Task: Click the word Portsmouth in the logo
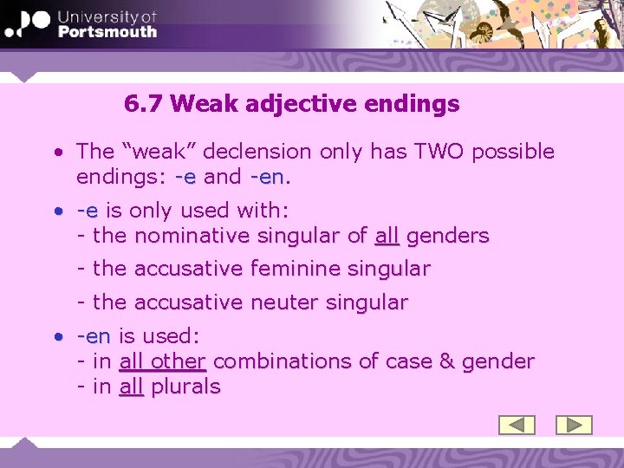[107, 31]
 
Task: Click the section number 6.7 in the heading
[144, 105]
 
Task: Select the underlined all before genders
[387, 236]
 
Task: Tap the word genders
[447, 236]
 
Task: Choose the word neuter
[280, 303]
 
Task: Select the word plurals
[185, 387]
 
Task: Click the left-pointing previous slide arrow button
[517, 425]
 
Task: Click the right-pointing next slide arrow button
[573, 425]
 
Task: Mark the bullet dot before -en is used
[56, 336]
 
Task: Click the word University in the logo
[107, 16]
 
